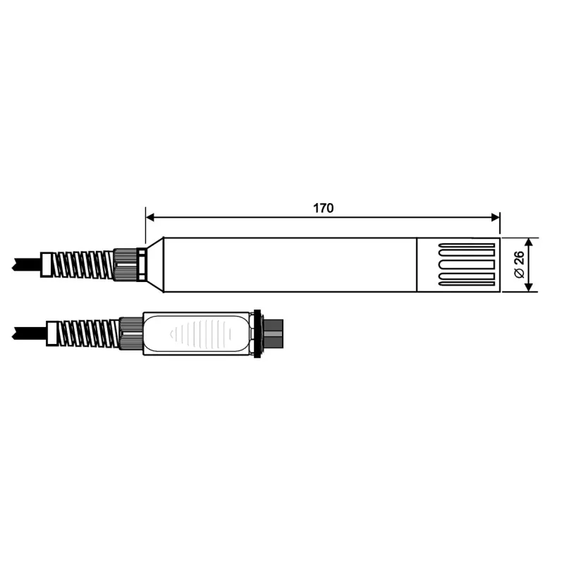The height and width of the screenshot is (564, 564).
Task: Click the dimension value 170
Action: tap(323, 208)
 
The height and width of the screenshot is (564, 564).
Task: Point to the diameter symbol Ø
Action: tap(519, 274)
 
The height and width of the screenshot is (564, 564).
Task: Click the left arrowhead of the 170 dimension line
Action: tap(150, 218)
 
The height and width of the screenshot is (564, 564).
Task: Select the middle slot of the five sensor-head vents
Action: tap(466, 265)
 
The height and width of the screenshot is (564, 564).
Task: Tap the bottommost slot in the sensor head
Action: tap(466, 283)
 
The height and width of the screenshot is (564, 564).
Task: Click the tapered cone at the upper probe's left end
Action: tap(156, 264)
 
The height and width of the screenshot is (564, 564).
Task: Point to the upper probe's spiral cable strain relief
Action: tap(85, 265)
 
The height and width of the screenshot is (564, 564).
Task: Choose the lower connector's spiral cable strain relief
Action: tap(88, 332)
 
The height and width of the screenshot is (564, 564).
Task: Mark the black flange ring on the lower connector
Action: tap(257, 332)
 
